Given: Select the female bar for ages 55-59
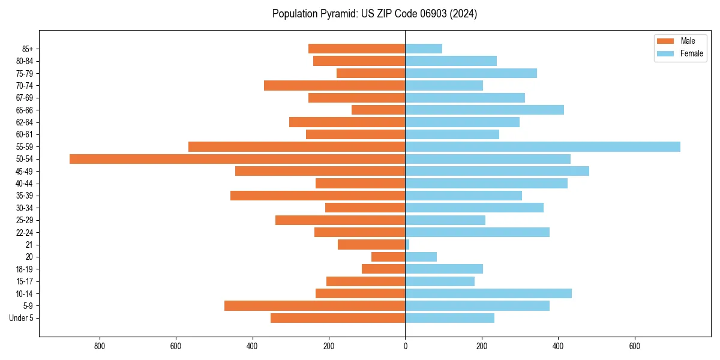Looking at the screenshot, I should coord(542,146).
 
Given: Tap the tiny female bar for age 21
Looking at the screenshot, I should coord(407,245).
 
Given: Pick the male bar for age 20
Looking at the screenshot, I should coord(388,257).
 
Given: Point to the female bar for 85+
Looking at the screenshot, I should coord(424,49).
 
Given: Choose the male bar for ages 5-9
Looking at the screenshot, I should coord(314,306).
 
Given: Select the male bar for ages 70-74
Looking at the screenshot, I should coord(334,85).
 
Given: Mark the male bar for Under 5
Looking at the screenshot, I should coord(338,318).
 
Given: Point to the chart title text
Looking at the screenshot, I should coord(374,14).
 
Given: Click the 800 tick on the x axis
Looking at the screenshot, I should coord(100,346).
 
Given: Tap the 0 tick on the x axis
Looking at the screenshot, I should coord(405,346).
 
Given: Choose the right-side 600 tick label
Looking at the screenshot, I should coord(634,346).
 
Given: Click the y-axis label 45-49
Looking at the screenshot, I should coord(25,171).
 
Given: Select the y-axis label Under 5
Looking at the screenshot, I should coord(21,318).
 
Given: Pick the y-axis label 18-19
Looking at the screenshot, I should coord(25,269).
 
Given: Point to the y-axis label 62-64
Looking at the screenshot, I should coord(25,122).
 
